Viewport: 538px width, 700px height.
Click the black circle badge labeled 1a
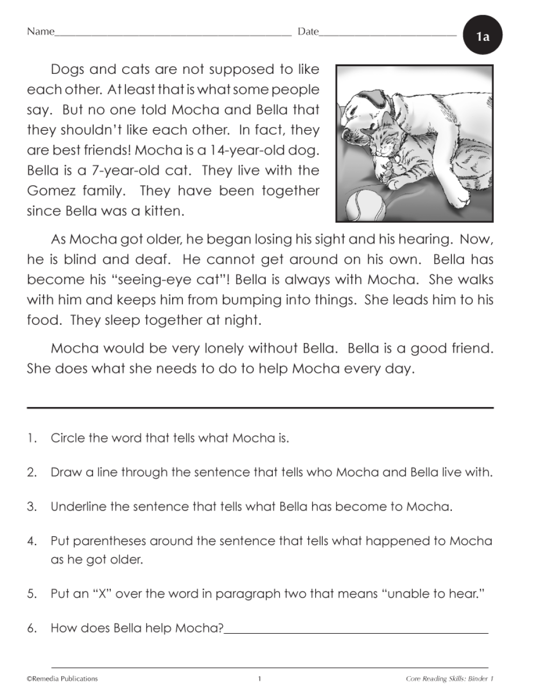click(x=483, y=36)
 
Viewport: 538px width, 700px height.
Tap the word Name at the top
click(x=40, y=31)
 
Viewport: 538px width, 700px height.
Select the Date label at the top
click(x=308, y=31)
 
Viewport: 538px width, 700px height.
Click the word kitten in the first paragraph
click(x=164, y=211)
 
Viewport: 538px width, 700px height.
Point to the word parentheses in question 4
click(x=110, y=541)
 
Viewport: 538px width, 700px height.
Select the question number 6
click(x=32, y=628)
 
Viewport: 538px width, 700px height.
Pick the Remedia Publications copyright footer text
click(x=62, y=679)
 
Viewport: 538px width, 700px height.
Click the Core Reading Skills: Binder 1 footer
click(x=449, y=679)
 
